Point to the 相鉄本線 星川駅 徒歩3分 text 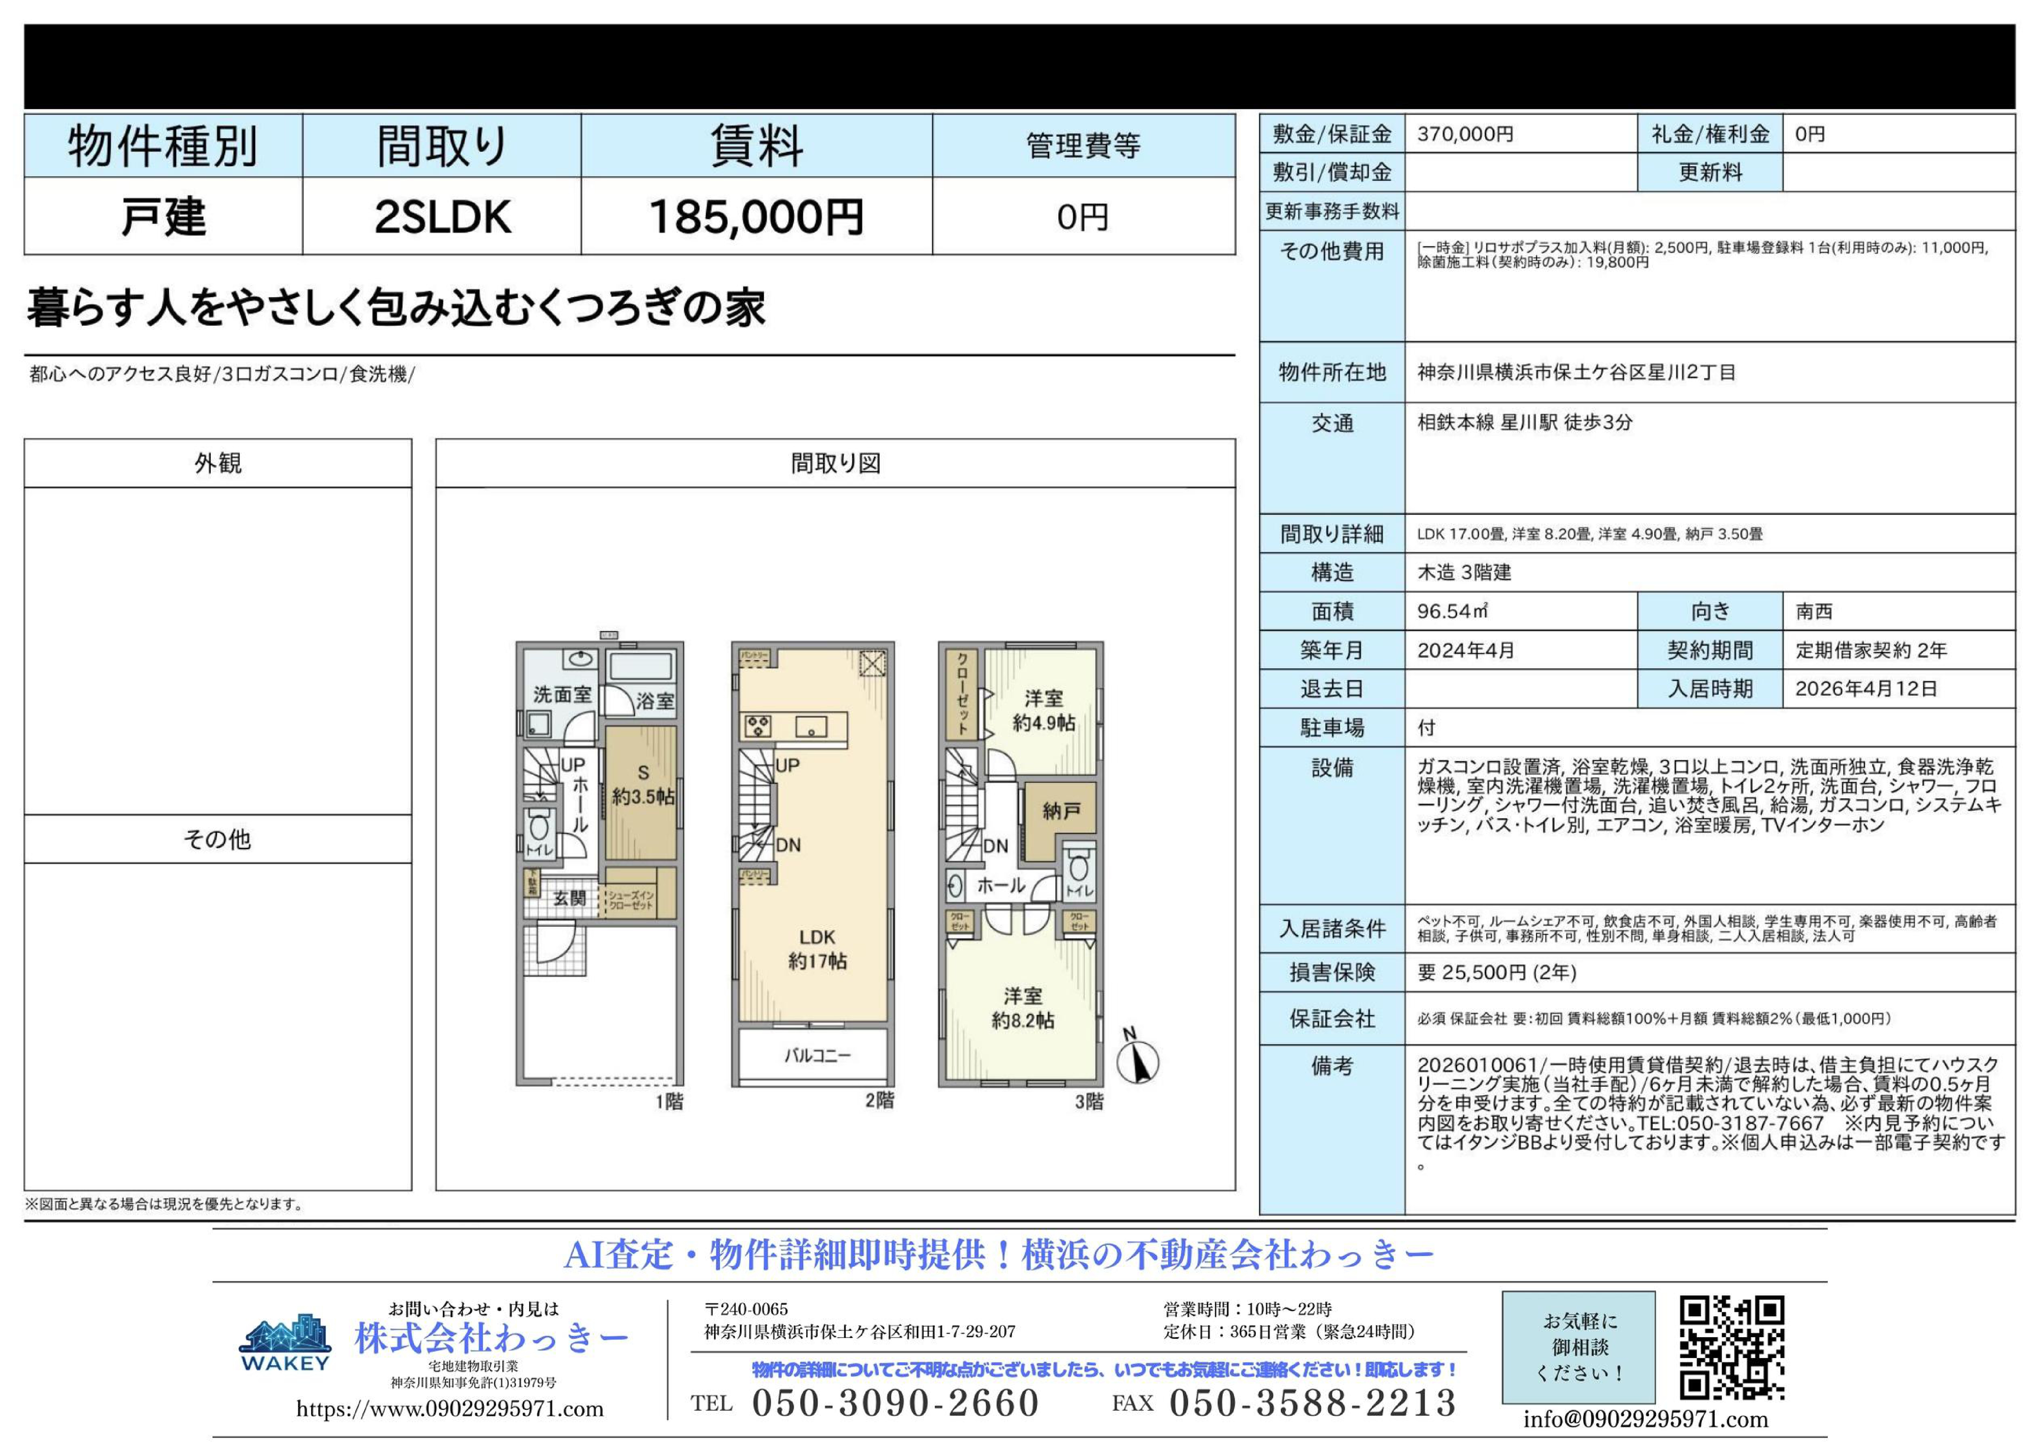tap(1525, 423)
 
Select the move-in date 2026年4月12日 tap(1866, 689)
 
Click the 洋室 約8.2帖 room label tap(1023, 1009)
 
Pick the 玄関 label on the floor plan tap(570, 898)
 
